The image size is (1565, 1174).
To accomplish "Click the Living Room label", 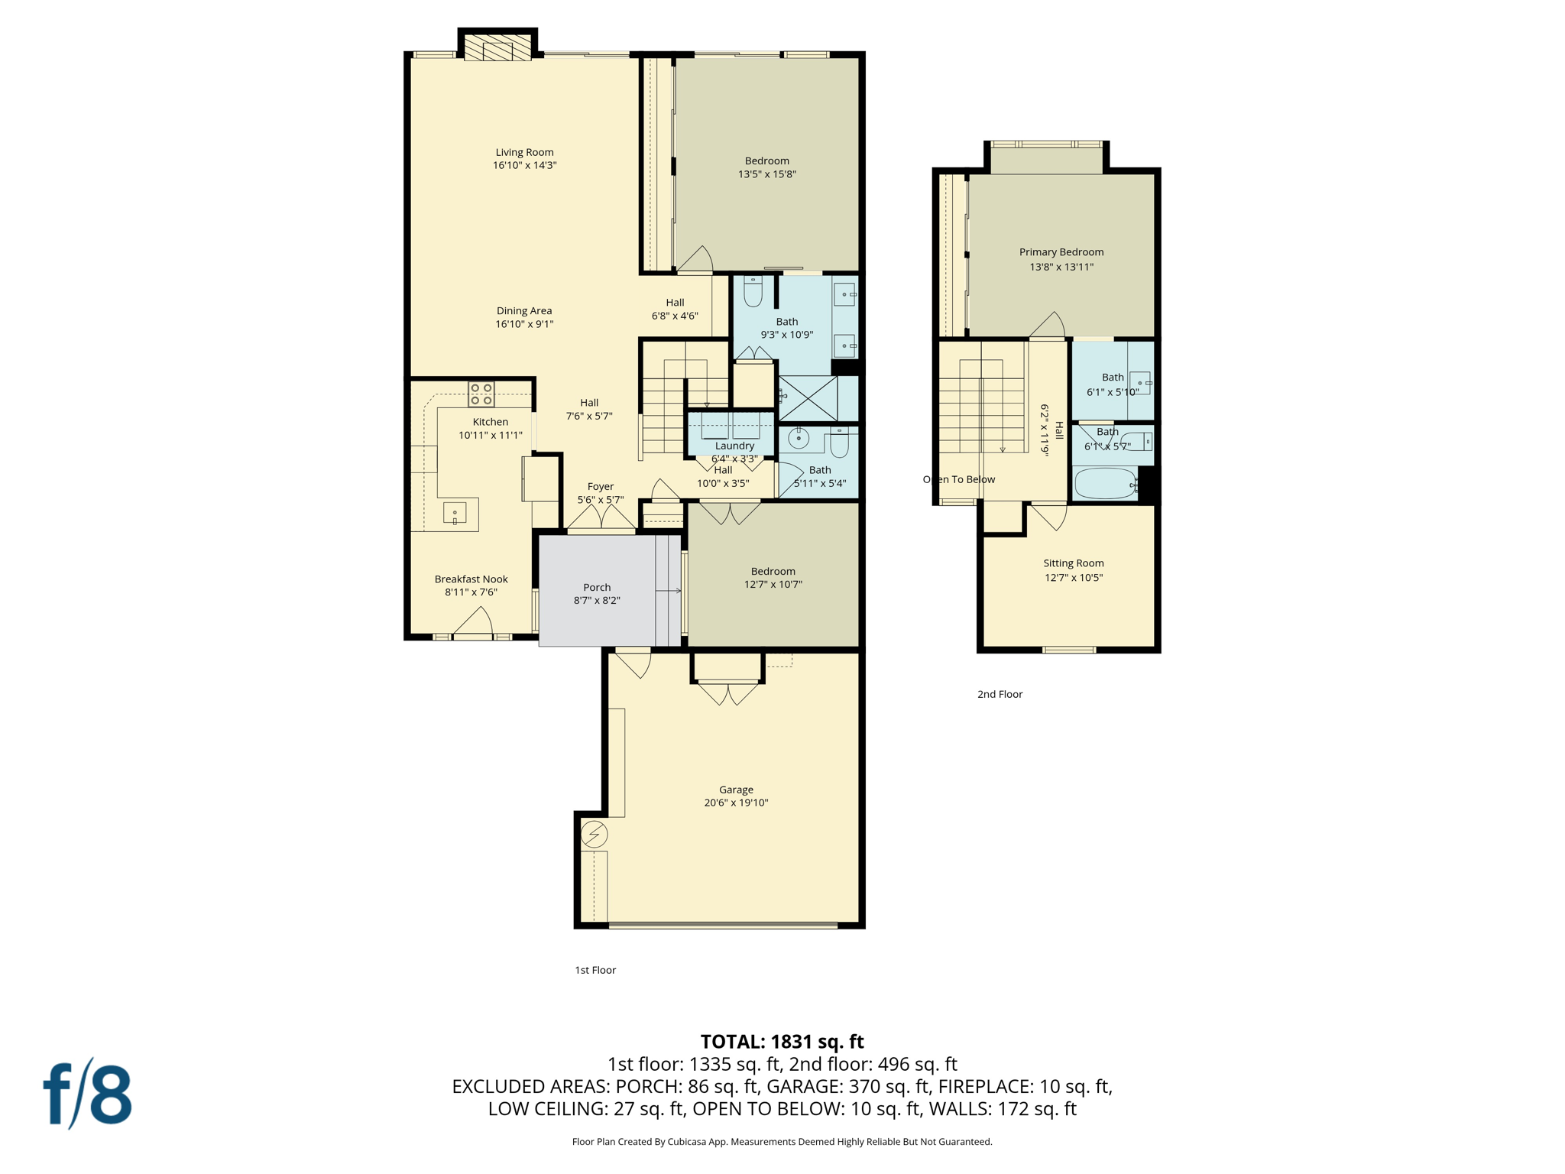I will (524, 152).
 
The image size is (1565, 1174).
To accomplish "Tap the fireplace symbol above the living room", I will (497, 48).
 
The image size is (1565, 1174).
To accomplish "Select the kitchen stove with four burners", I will (481, 394).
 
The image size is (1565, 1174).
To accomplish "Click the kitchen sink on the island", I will (455, 513).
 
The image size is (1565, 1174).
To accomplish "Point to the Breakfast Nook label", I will (471, 579).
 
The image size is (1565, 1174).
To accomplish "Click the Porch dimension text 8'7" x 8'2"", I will (597, 601).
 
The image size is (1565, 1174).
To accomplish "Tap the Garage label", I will (736, 790).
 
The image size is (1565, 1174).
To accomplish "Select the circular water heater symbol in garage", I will (594, 834).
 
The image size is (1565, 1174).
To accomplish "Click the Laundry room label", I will (734, 446).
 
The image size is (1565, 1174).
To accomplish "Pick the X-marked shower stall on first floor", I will (808, 397).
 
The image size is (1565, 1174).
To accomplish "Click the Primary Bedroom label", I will (1061, 252).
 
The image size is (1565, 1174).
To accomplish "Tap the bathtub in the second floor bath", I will (1105, 484).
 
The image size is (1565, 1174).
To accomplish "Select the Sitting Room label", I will (1073, 563).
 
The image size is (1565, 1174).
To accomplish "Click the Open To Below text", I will (958, 480).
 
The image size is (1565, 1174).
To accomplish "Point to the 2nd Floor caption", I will (1000, 694).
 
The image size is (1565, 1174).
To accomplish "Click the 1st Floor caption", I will (595, 970).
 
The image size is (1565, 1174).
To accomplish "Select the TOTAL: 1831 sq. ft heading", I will (782, 1042).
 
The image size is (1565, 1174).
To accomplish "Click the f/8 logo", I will (88, 1094).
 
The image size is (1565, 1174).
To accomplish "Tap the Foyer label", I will (601, 487).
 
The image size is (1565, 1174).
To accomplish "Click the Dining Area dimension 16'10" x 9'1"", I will (524, 324).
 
